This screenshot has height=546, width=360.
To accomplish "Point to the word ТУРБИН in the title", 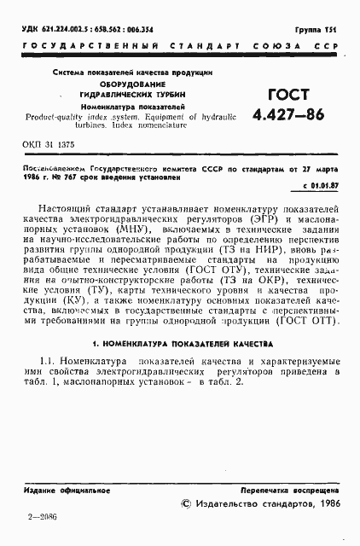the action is point(171,94).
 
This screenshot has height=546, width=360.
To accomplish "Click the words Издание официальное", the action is point(60,493).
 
